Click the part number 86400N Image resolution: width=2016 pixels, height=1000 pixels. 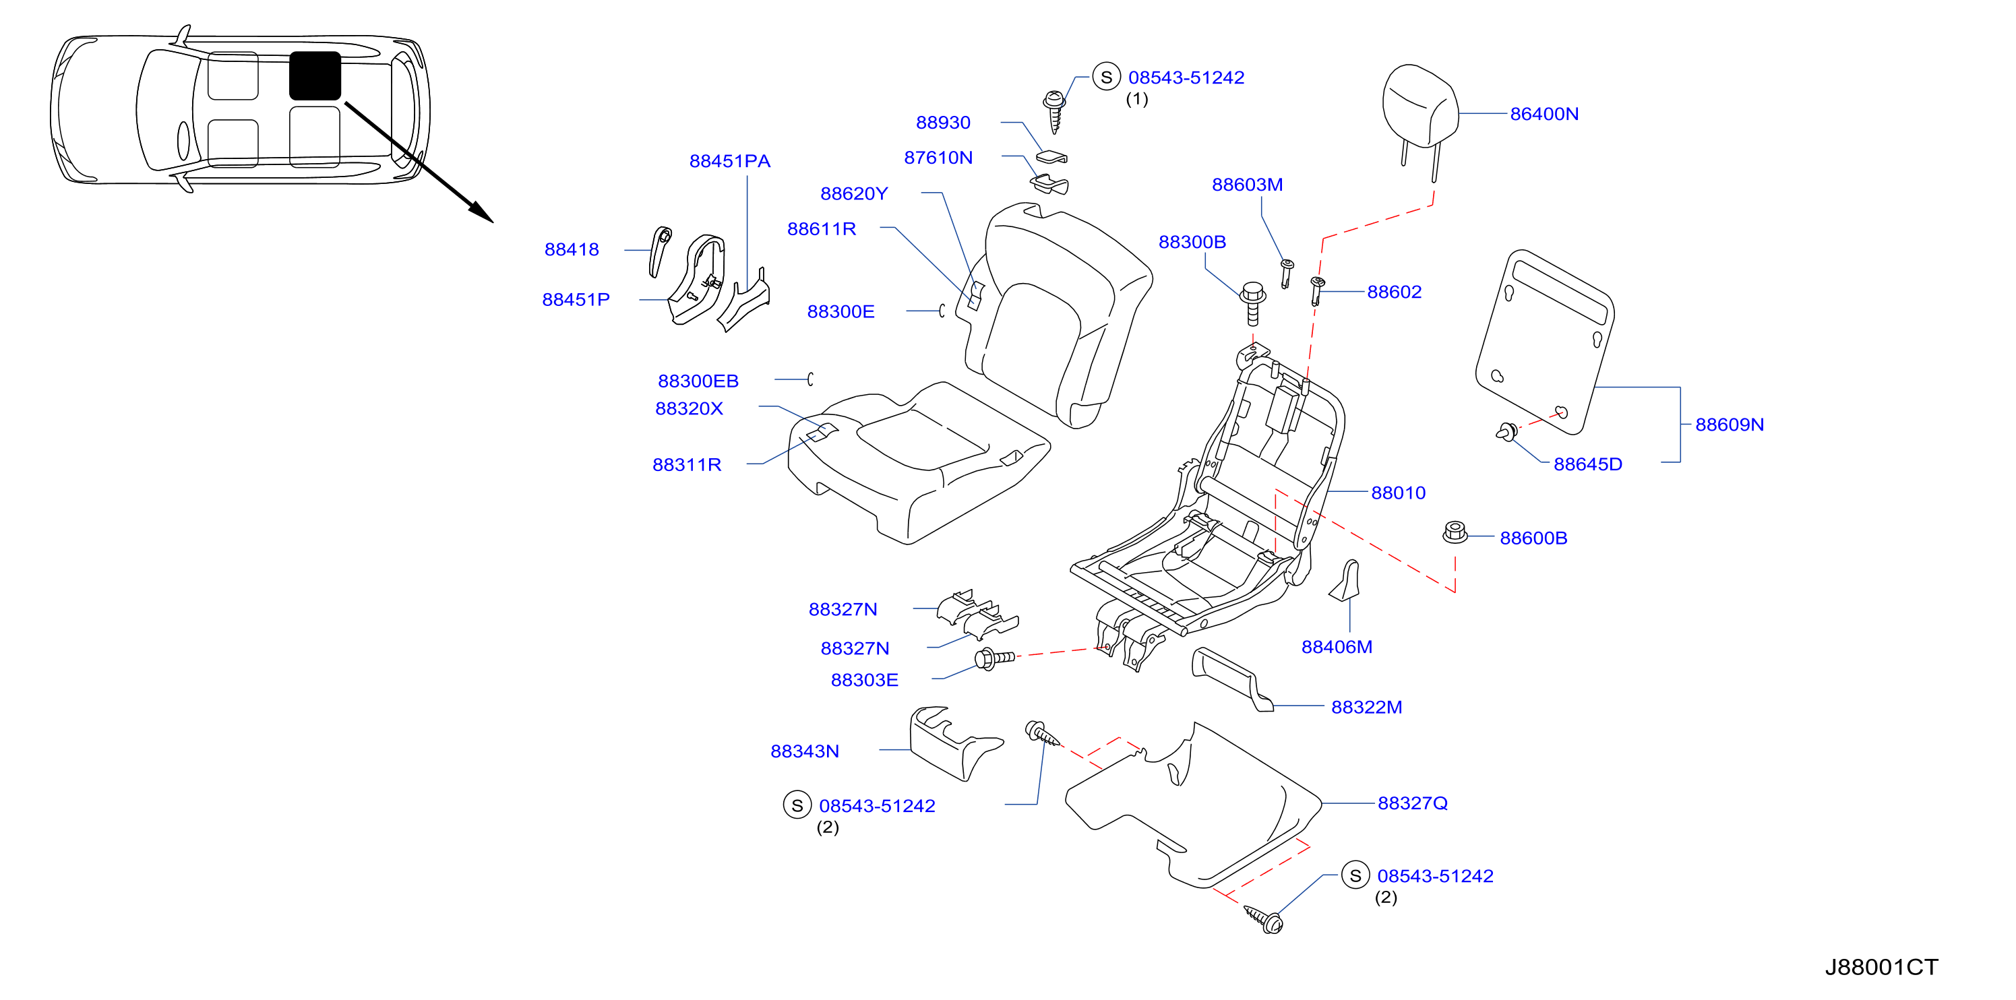coord(1544,115)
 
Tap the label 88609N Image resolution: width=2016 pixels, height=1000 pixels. coord(1729,425)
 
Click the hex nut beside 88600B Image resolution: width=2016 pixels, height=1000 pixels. coord(1455,533)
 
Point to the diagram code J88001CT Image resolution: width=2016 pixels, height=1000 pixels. coord(1881,967)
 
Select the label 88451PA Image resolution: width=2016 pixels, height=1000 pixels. coord(729,161)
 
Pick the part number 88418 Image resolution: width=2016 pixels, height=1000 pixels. coord(572,249)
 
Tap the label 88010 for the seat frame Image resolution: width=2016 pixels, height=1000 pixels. coord(1398,493)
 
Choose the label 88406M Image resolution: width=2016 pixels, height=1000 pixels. coord(1337,647)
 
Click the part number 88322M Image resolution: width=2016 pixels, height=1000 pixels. coord(1366,708)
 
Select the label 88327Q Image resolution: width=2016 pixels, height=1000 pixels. coord(1412,804)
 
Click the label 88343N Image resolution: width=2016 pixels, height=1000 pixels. coord(805,751)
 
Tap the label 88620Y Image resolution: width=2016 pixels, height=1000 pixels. coord(854,194)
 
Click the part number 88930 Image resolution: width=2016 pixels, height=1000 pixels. coord(943,123)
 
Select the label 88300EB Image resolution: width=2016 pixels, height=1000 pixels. coord(698,381)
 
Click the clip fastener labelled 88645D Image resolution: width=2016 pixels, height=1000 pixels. coord(1506,431)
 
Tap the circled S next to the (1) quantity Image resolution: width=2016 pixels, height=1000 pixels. coord(1106,77)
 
